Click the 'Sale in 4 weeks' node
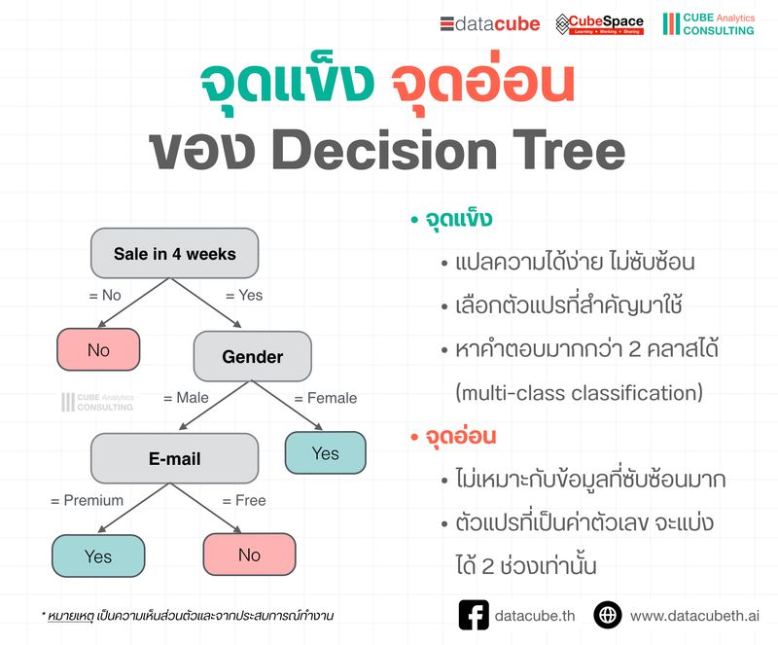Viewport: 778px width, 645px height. click(x=174, y=254)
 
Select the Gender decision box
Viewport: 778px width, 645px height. click(x=252, y=356)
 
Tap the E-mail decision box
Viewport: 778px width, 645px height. click(x=174, y=458)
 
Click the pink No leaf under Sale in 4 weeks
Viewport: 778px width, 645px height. click(x=98, y=350)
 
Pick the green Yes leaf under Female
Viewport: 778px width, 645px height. click(x=325, y=453)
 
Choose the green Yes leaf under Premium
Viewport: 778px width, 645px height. click(x=97, y=556)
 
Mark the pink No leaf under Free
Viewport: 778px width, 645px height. click(x=249, y=555)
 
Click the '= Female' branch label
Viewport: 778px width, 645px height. click(x=325, y=398)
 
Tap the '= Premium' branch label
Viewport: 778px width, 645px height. click(x=87, y=500)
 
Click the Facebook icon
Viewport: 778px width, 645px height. click(x=473, y=615)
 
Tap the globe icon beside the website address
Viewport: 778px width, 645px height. click(x=608, y=615)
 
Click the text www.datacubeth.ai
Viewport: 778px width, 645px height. click(x=694, y=616)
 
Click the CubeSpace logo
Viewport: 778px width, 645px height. click(x=599, y=24)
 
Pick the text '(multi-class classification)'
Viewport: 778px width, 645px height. click(x=579, y=393)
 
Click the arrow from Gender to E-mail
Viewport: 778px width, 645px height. click(x=208, y=405)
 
